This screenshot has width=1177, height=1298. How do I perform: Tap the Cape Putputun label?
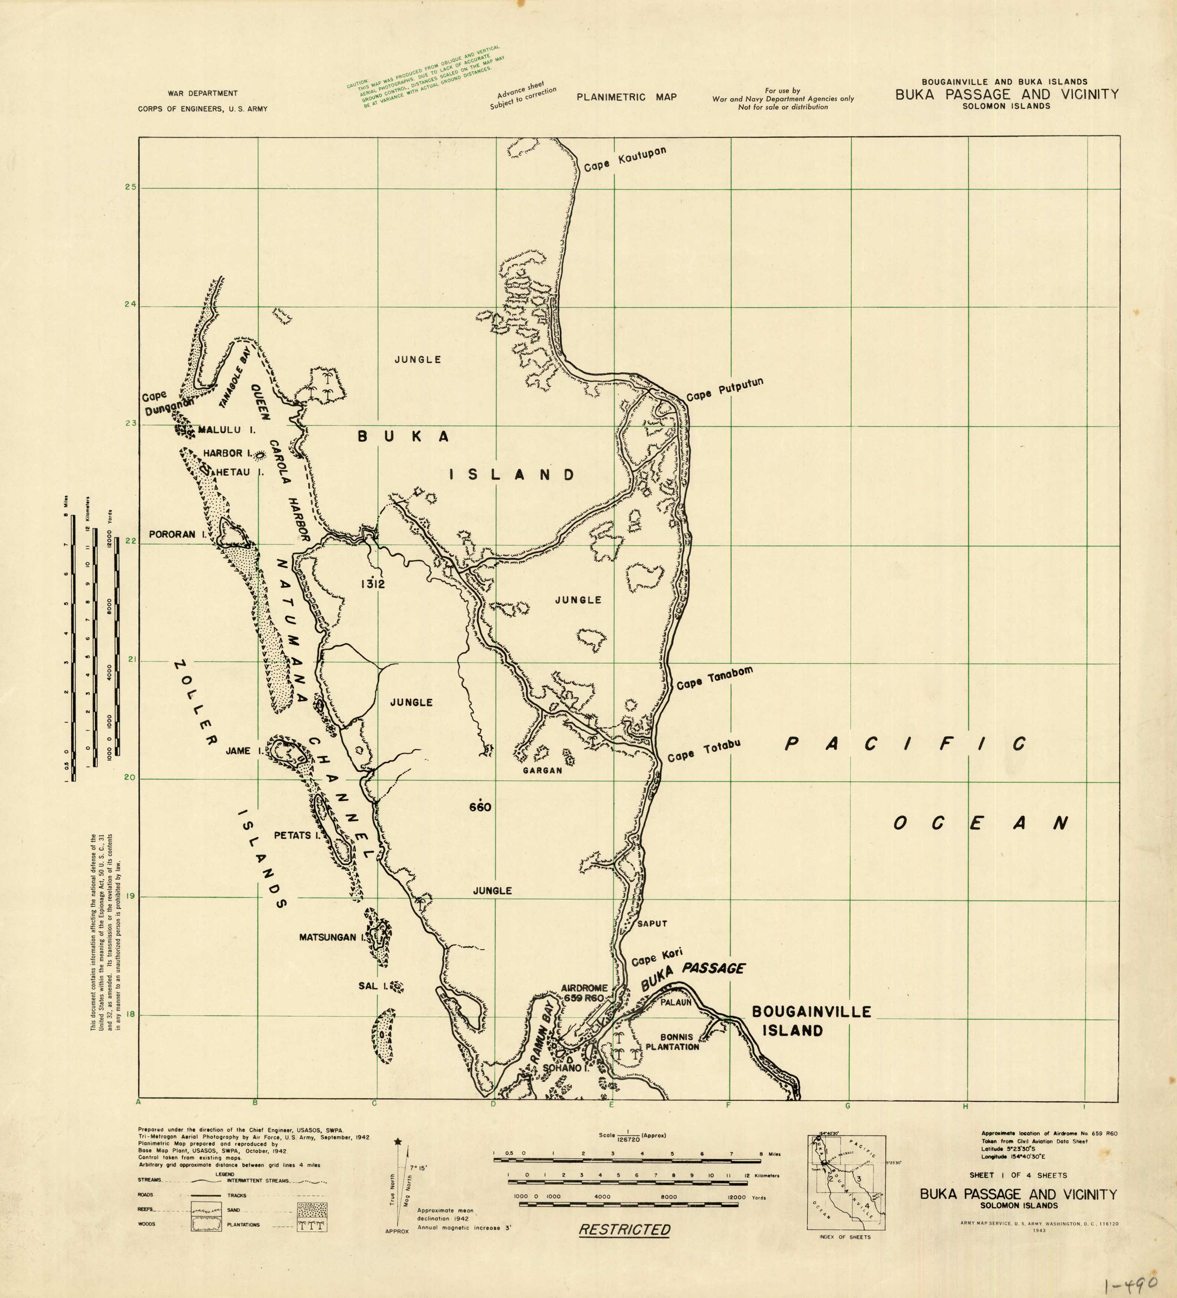[x=724, y=389]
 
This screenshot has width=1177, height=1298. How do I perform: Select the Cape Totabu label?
[x=704, y=751]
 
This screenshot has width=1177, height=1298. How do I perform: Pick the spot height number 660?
[x=480, y=807]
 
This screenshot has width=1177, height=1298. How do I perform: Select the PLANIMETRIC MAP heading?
[x=626, y=97]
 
